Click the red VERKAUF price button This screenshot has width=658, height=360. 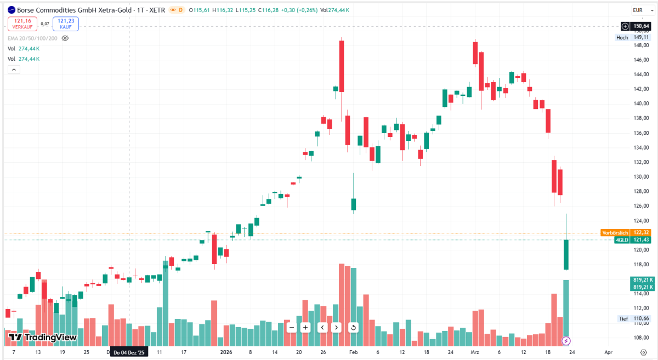(22, 24)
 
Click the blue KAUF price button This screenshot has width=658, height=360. (66, 24)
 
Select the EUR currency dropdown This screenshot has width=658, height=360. (643, 10)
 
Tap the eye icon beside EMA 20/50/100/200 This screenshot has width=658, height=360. (65, 38)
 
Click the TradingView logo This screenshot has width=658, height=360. (43, 338)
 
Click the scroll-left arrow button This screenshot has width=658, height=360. (322, 328)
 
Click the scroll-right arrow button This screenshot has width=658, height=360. (336, 328)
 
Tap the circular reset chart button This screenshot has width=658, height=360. (353, 328)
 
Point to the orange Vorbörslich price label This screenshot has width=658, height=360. (626, 232)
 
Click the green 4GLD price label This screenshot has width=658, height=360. (632, 240)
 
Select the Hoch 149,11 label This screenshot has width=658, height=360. (632, 38)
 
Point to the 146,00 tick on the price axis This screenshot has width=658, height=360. (641, 60)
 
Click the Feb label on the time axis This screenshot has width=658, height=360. (353, 352)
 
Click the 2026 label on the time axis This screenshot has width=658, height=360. (226, 352)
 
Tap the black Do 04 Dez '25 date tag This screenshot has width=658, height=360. (129, 352)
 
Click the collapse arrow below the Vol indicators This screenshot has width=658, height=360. (14, 70)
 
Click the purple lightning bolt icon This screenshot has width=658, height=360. (566, 341)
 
